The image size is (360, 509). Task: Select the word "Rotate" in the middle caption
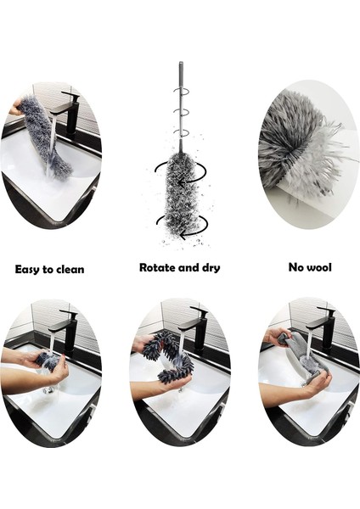159,267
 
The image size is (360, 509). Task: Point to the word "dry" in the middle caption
209,268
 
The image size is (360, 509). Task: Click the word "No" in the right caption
296,267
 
